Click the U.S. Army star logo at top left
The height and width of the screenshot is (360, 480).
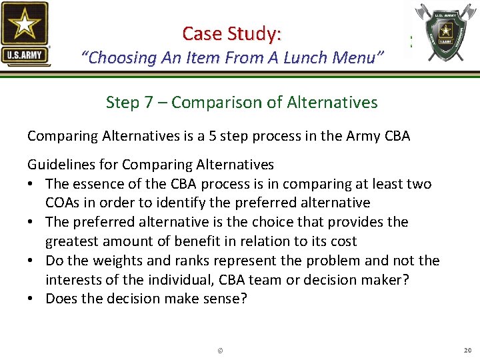pos(25,33)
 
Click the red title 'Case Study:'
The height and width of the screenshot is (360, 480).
pos(232,33)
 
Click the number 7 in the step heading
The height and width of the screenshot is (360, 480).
pos(159,103)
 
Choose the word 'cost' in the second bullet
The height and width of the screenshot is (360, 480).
pos(343,241)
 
